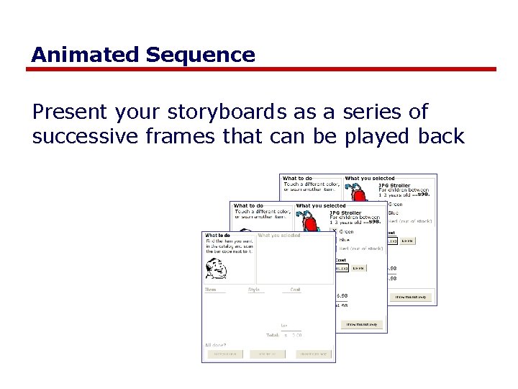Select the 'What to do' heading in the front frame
pyautogui.click(x=217, y=236)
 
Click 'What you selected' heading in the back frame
pyautogui.click(x=370, y=179)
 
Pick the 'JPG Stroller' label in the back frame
pyautogui.click(x=394, y=186)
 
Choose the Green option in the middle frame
pyautogui.click(x=346, y=231)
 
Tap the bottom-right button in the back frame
pyautogui.click(x=412, y=297)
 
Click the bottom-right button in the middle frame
pyautogui.click(x=363, y=325)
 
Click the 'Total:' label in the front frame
pyautogui.click(x=273, y=336)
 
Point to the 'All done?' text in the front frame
pyautogui.click(x=215, y=346)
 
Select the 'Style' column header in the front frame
pyautogui.click(x=254, y=290)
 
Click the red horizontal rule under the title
pyautogui.click(x=262, y=70)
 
